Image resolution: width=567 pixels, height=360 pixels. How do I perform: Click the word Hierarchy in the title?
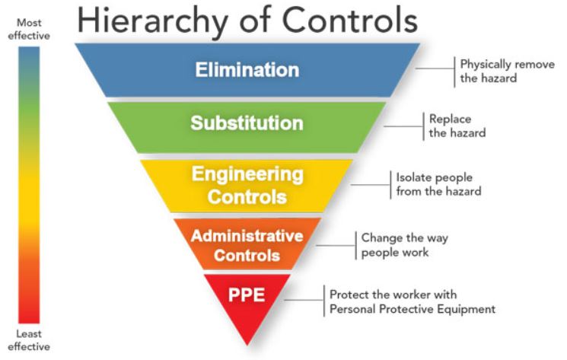[152, 22]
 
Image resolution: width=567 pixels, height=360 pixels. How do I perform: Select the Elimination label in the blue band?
[247, 70]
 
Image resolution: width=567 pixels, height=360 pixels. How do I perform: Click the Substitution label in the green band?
[247, 123]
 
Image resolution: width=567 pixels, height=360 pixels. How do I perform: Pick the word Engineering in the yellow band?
[247, 175]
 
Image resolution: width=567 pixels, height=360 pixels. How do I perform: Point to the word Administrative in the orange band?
[247, 236]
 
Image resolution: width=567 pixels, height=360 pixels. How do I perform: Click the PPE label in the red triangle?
[247, 295]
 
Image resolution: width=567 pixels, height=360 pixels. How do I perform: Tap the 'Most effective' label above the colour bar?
[29, 29]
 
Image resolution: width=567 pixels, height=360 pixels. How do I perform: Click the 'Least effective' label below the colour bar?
[29, 340]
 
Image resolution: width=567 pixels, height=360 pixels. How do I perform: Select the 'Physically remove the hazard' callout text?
[508, 72]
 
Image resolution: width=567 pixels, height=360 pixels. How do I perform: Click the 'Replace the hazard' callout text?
[457, 126]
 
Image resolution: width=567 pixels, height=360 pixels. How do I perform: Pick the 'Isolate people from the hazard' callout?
[438, 184]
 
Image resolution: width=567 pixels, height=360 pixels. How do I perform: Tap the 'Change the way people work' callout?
[405, 245]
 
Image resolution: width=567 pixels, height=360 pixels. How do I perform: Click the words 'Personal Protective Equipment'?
[413, 310]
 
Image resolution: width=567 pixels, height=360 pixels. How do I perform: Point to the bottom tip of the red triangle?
[247, 346]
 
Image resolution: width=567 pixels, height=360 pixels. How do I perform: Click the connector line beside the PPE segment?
[304, 300]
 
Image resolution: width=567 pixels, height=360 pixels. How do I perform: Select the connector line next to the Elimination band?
[435, 68]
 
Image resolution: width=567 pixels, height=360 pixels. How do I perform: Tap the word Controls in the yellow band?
[247, 197]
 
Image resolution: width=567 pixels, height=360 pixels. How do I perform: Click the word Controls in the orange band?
[247, 256]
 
